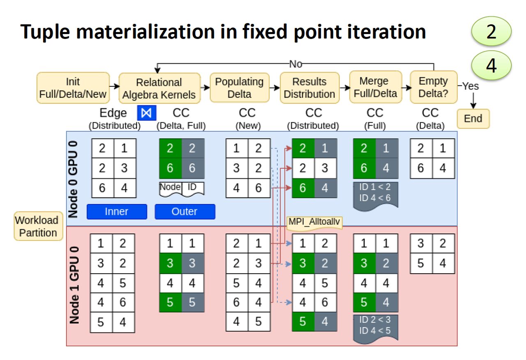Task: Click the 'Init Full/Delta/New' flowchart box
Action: (x=73, y=88)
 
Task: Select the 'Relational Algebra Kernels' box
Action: (x=159, y=88)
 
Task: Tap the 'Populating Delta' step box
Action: (x=239, y=88)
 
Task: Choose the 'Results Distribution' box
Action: (x=309, y=88)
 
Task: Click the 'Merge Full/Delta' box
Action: (x=374, y=87)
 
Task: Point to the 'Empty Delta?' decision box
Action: (x=433, y=87)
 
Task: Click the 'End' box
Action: (x=473, y=118)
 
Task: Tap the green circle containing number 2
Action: (x=491, y=32)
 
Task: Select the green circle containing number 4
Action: (x=491, y=66)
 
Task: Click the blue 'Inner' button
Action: (x=117, y=212)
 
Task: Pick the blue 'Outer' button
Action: (x=185, y=212)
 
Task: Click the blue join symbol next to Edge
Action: (x=147, y=113)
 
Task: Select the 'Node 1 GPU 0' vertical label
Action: (x=74, y=285)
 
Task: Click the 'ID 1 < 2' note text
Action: (x=375, y=187)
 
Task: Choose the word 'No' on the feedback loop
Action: (x=295, y=64)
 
